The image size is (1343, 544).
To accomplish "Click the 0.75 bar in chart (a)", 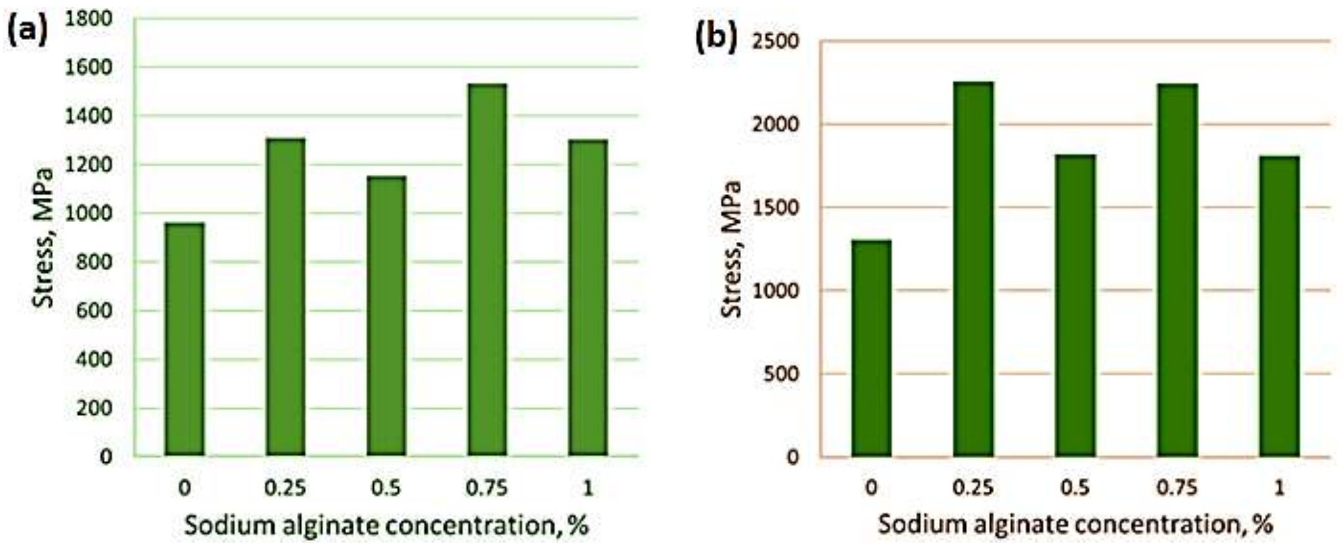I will [487, 269].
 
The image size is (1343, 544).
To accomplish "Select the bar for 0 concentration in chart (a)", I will [184, 339].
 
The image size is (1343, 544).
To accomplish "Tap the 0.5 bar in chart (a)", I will [386, 315].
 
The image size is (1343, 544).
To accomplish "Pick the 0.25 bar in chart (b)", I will [973, 269].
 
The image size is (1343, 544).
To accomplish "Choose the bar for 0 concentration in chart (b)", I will [872, 348].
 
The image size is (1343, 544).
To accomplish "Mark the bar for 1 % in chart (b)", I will [1279, 306].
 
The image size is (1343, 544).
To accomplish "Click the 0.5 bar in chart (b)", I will [1075, 305].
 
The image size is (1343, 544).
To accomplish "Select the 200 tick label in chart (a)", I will [96, 408].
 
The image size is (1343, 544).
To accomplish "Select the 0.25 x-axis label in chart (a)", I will [285, 488].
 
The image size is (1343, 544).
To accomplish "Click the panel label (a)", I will [28, 31].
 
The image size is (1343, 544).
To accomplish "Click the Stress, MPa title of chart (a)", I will [44, 238].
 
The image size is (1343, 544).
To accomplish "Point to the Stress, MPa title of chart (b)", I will [731, 249].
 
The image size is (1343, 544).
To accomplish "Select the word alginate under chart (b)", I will [1014, 524].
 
